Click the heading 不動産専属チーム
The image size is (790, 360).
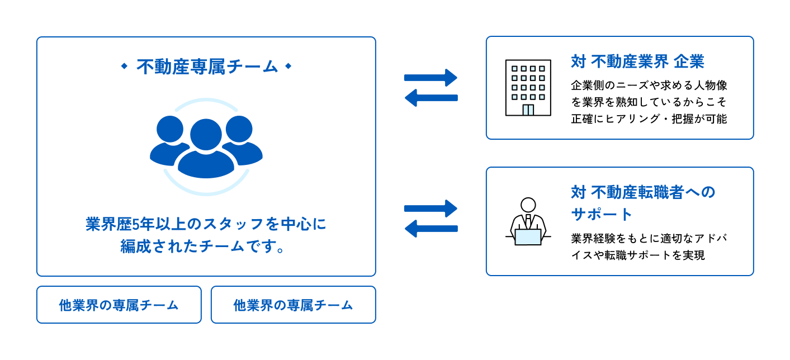(x=207, y=67)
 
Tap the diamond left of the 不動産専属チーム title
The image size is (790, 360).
(x=124, y=66)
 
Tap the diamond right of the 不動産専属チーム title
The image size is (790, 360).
(x=288, y=66)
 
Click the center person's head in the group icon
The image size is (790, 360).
(x=206, y=134)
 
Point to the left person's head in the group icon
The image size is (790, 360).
(x=170, y=129)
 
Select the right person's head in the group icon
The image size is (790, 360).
(x=239, y=129)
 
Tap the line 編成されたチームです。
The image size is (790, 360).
(x=202, y=246)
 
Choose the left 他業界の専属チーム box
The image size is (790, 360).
(x=119, y=305)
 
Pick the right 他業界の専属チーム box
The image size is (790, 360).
(x=294, y=305)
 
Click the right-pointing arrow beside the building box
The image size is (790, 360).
(x=431, y=78)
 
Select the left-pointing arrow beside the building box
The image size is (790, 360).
(x=431, y=98)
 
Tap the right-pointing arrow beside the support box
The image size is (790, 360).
(x=431, y=209)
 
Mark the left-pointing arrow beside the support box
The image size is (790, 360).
(x=431, y=229)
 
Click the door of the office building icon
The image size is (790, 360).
(x=528, y=110)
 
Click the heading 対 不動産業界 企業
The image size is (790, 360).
(x=637, y=61)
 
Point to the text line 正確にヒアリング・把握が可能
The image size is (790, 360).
(x=649, y=119)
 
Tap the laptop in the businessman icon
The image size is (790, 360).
(x=528, y=237)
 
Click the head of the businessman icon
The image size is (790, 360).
(x=528, y=205)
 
